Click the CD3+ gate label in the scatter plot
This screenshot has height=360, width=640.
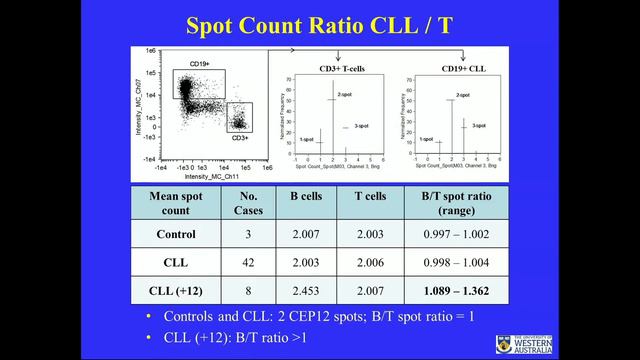click(x=241, y=137)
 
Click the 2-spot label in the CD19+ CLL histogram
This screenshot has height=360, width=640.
click(x=462, y=95)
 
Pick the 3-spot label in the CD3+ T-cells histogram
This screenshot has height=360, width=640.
click(x=352, y=127)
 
